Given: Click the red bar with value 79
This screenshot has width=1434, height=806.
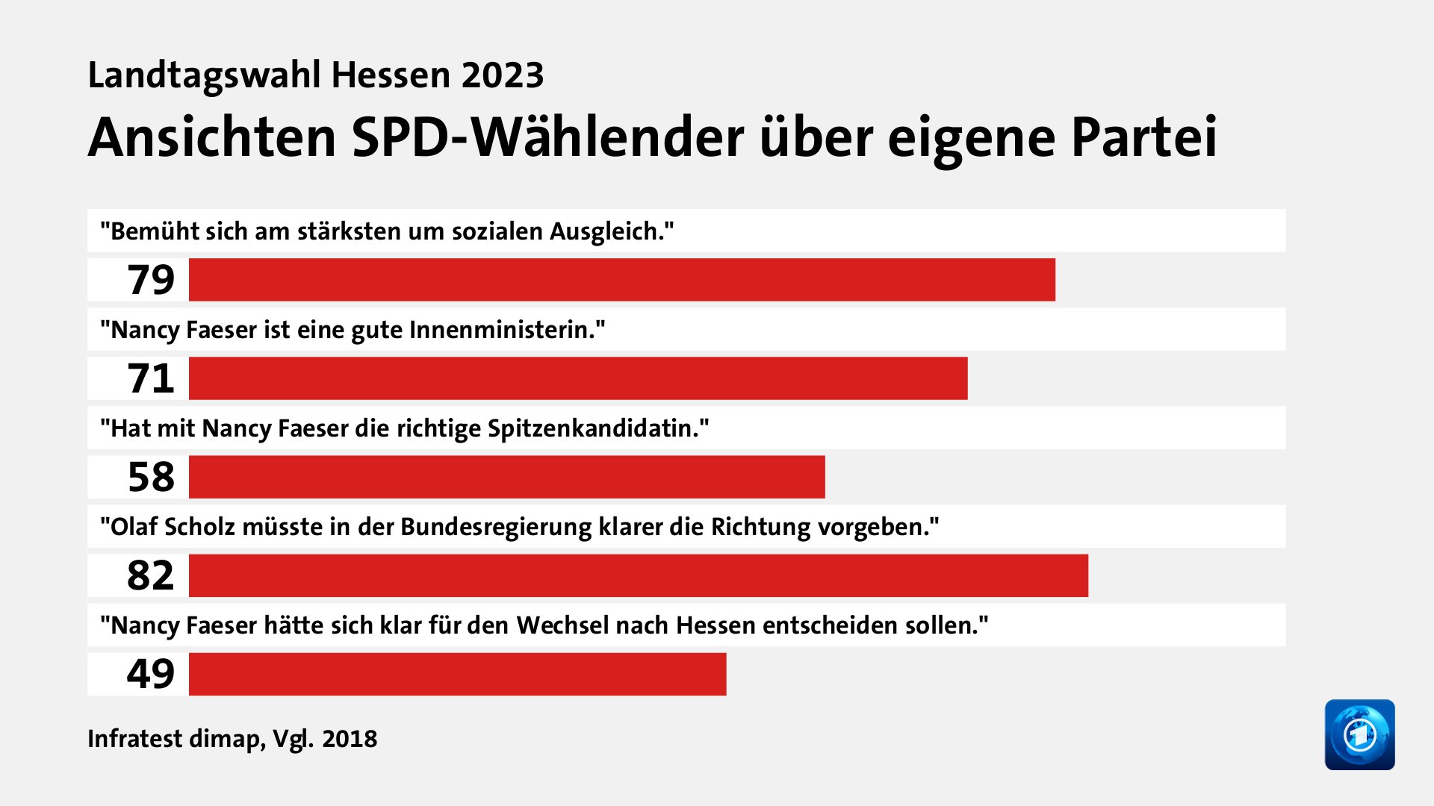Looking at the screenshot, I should (x=621, y=280).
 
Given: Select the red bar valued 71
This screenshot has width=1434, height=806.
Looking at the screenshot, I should (x=577, y=378).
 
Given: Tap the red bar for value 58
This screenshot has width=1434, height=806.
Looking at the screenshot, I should (x=506, y=477).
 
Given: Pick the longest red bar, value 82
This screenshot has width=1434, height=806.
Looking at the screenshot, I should (x=638, y=575).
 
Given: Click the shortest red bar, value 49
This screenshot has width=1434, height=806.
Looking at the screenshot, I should (x=457, y=674).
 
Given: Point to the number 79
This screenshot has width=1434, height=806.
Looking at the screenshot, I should (x=151, y=280).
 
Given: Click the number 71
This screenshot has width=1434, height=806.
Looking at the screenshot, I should (x=151, y=378).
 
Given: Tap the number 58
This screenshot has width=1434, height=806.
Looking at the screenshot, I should (x=151, y=477).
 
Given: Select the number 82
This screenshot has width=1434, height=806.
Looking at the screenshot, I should (x=151, y=575).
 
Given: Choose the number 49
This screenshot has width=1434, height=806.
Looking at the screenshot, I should (x=151, y=674).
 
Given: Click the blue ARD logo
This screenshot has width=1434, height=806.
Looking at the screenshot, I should (x=1359, y=734).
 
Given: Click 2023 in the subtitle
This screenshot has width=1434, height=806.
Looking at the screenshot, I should (x=502, y=75).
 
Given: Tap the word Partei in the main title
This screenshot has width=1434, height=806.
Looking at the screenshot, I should (x=1144, y=138).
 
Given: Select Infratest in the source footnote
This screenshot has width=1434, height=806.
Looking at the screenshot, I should (x=134, y=739).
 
